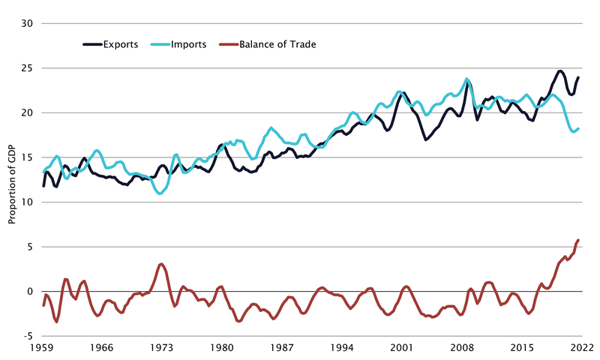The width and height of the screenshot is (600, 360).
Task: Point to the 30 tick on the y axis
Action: (x=28, y=23)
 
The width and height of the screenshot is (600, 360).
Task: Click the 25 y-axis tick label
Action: (x=28, y=68)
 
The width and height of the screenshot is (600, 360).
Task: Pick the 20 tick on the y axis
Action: (x=28, y=112)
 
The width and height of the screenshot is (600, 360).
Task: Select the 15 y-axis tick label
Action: (x=28, y=157)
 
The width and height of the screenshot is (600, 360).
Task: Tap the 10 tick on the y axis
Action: (x=28, y=202)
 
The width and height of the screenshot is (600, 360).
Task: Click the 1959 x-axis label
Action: (x=42, y=349)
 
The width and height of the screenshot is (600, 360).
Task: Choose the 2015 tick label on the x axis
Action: (x=522, y=349)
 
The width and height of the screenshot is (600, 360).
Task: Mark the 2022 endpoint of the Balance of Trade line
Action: (x=578, y=240)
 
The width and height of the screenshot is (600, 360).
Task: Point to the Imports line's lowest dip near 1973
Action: (x=160, y=193)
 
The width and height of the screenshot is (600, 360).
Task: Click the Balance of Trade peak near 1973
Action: (x=161, y=264)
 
